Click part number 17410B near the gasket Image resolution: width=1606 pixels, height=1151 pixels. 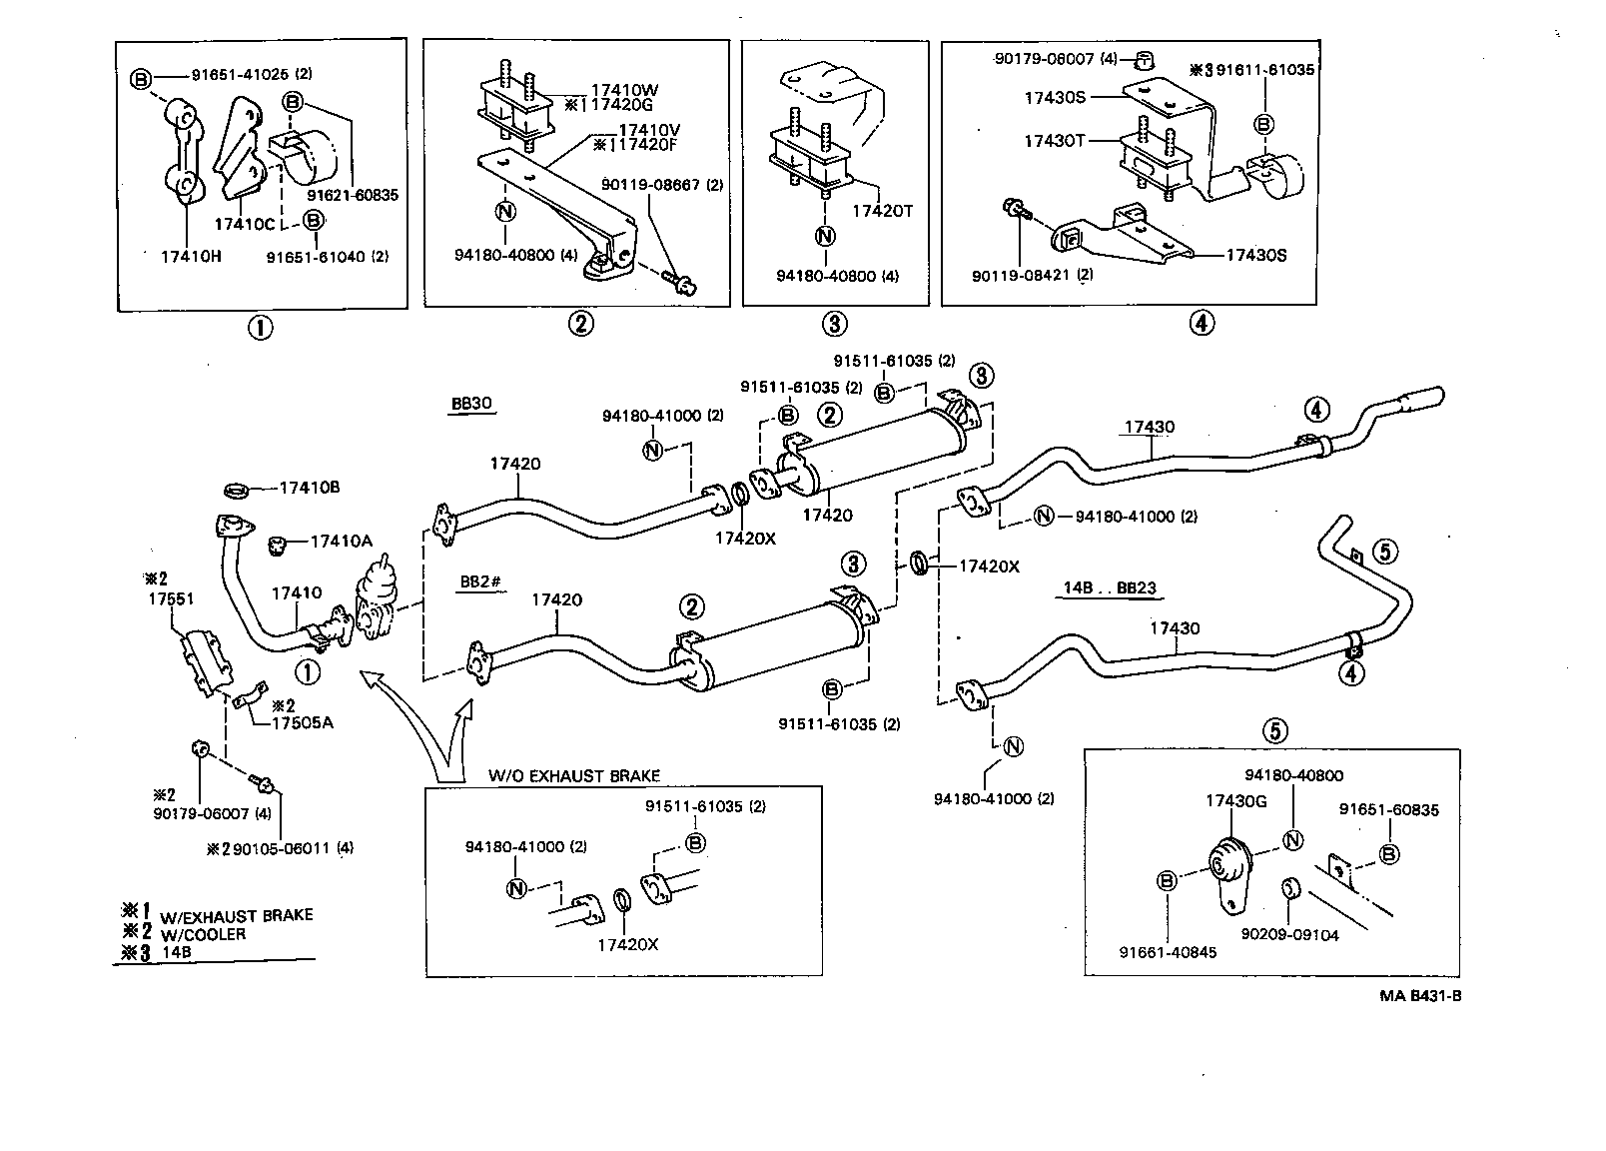click(310, 488)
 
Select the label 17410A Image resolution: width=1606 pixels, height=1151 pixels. click(341, 541)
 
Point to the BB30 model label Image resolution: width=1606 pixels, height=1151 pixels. click(472, 405)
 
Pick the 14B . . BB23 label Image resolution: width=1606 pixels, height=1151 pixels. click(1109, 587)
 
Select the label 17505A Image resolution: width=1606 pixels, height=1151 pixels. click(303, 721)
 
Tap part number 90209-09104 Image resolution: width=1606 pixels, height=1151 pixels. click(1289, 934)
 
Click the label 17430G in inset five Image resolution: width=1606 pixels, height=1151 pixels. click(1235, 800)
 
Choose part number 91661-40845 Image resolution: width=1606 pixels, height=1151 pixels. click(1168, 952)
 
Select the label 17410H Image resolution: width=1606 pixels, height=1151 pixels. click(191, 256)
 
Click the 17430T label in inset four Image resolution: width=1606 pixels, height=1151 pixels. click(1054, 141)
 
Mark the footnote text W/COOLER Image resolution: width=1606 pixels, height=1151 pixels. click(204, 934)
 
